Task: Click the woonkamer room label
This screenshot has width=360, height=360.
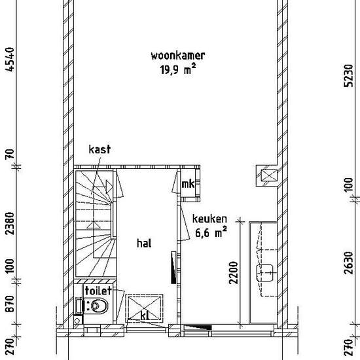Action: click(178, 56)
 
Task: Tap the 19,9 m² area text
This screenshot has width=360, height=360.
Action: click(178, 69)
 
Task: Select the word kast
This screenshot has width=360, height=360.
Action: click(99, 149)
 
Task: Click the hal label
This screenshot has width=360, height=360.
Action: click(144, 243)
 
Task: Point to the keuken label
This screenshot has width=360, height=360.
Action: click(209, 219)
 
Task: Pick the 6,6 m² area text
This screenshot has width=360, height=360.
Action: click(211, 232)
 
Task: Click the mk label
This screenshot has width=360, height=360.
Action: click(188, 184)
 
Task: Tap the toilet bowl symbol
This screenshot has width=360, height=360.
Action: click(99, 306)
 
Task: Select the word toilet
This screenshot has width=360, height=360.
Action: click(98, 291)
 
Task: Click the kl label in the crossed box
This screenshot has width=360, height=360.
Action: click(145, 315)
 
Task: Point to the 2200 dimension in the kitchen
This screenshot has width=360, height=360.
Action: click(234, 273)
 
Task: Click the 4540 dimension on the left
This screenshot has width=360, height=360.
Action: click(10, 60)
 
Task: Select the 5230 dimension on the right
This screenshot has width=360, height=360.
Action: click(348, 76)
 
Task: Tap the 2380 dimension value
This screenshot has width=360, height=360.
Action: click(10, 223)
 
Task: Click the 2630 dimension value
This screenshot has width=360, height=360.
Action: click(348, 263)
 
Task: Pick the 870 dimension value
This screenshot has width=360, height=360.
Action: click(10, 304)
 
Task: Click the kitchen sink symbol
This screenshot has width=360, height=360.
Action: click(264, 273)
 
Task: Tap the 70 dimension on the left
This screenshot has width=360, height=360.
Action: click(10, 154)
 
